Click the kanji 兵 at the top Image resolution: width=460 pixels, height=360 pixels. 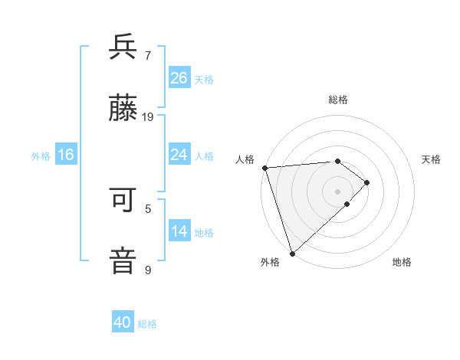point(123,47)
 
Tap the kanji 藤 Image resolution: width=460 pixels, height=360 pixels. point(123,110)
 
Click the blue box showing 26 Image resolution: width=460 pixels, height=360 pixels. point(179,77)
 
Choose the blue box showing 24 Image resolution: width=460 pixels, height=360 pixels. point(179,155)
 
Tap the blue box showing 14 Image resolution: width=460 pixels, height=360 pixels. point(179,231)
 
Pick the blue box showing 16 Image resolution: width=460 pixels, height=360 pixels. point(66,155)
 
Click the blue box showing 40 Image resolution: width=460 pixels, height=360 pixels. point(123,322)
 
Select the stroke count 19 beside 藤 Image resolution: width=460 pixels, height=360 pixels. point(148,117)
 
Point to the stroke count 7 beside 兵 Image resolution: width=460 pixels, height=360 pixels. point(148,55)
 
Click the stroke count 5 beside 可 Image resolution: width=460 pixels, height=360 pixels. point(148,208)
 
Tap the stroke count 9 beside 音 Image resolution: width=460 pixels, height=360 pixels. point(148,270)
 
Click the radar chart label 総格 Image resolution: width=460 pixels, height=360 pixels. point(338,100)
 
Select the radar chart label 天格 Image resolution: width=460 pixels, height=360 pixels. point(432,159)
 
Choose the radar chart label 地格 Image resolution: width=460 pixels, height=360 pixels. point(402,262)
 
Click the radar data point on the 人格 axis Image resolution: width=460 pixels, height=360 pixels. point(264,168)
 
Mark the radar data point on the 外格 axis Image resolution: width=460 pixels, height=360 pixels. point(292,254)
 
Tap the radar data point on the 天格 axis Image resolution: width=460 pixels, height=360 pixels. point(367,182)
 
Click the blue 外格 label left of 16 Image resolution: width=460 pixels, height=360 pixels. point(41,155)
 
